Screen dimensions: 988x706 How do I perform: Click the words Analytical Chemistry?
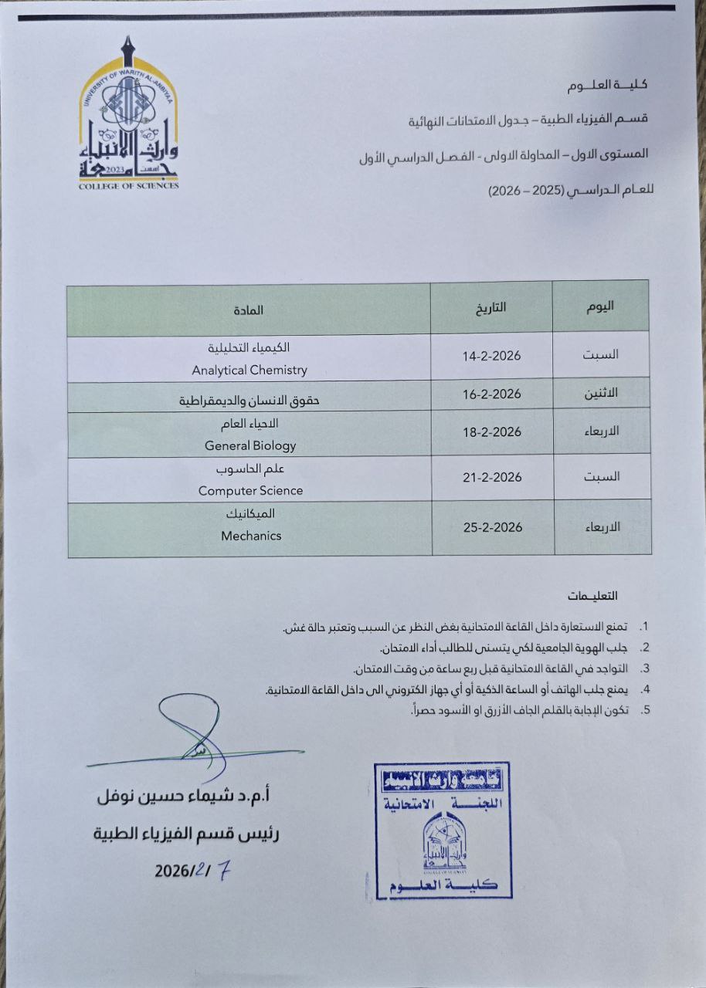(x=249, y=370)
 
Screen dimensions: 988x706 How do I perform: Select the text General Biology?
(x=250, y=445)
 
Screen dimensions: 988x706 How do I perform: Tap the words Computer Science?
(x=250, y=490)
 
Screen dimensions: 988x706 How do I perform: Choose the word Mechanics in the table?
(x=250, y=536)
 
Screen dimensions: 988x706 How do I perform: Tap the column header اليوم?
(x=600, y=305)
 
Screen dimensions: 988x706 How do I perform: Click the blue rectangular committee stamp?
(x=443, y=831)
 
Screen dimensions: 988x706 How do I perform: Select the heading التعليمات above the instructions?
(x=592, y=596)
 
